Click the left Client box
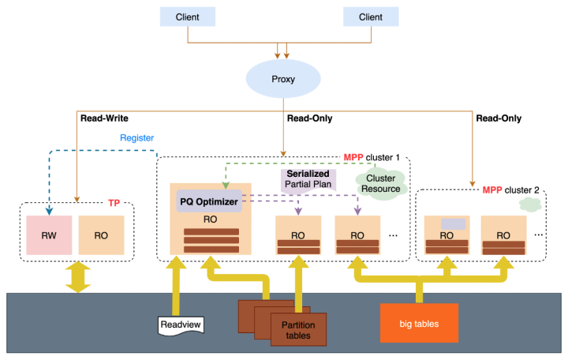(x=188, y=17)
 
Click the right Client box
(x=371, y=17)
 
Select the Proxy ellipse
(x=283, y=80)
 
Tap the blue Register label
(x=136, y=138)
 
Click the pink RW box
(x=49, y=235)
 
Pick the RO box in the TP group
(x=101, y=235)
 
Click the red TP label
(x=114, y=203)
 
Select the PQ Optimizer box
(x=208, y=202)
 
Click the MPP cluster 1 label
(x=371, y=157)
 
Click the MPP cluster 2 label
(x=511, y=189)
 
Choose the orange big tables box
(x=419, y=323)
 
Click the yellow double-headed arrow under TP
(x=77, y=276)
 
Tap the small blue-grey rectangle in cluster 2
(x=453, y=224)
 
